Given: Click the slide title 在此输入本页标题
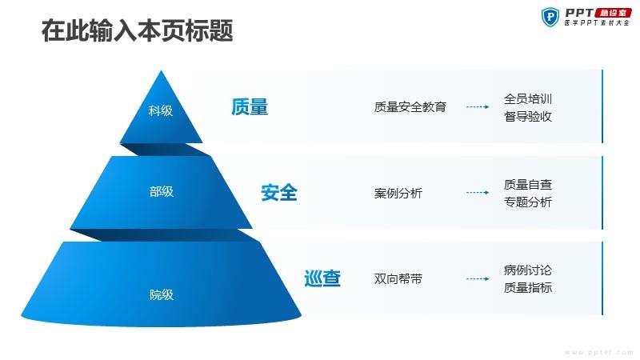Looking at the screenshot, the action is click(137, 30).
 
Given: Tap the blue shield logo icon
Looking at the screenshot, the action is click(550, 17).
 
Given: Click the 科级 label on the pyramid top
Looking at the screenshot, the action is click(161, 110).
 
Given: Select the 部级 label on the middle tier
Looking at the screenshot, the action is click(162, 191).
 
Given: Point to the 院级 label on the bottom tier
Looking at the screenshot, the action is click(162, 294).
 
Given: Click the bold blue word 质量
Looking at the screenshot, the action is click(250, 107).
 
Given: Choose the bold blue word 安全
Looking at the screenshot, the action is click(279, 193).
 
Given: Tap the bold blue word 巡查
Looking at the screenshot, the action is click(322, 278).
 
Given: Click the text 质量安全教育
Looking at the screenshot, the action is click(410, 107).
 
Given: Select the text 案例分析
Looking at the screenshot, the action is click(398, 193).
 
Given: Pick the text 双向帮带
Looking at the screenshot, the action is click(398, 278).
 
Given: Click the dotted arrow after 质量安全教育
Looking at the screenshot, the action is click(478, 107).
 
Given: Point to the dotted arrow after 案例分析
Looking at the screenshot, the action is click(478, 193).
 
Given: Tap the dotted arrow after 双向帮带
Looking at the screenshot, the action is click(478, 278).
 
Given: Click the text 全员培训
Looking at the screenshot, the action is click(528, 98).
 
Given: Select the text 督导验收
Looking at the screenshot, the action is click(528, 116).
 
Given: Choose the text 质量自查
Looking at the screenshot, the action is click(528, 184).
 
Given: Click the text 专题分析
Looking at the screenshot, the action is click(528, 202).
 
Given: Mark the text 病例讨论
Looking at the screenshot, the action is click(528, 270).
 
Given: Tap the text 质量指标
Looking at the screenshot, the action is click(528, 287).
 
